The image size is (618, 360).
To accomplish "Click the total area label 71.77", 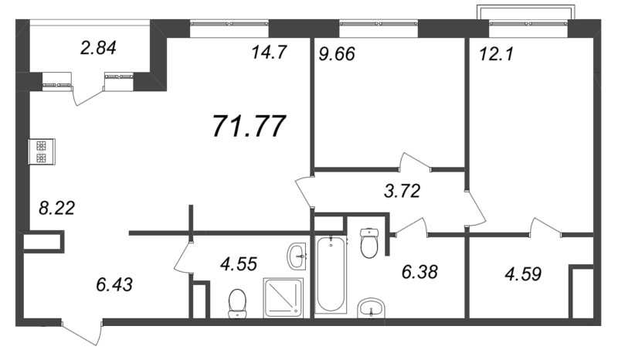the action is pos(249,127).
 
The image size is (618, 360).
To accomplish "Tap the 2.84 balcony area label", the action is pos(98,48).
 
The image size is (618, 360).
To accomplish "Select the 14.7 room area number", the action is pos(269,53).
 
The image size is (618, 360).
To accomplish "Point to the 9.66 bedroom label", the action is pos(337,54).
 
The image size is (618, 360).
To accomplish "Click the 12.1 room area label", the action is pos(497,54).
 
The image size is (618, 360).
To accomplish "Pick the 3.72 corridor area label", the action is pos(402,192).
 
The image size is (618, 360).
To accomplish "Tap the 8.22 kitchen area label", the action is pos(56,208).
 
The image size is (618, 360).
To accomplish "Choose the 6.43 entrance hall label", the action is pos(114,284).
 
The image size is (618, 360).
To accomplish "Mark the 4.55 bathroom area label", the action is pos(239,263).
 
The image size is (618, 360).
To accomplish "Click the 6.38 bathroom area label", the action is pos(419,272).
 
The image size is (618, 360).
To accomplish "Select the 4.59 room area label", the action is pos(523,274).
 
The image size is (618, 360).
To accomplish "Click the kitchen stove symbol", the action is pos(42,152).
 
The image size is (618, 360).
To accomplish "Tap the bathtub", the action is pos(331,273).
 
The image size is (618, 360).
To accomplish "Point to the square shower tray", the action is pos(284,297).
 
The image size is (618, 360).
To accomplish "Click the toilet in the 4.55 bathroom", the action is pos(237,304).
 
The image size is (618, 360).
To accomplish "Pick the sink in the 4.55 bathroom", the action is pos(297,256).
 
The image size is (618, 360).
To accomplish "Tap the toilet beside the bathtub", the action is pos(369,243).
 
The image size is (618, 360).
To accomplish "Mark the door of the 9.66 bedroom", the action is pos(415,162).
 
